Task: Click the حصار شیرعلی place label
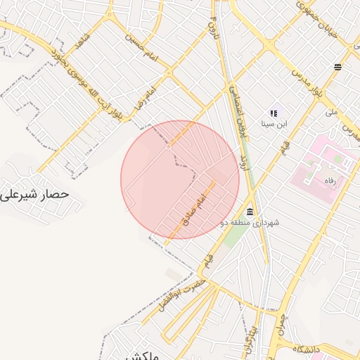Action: pyautogui.click(x=34, y=192)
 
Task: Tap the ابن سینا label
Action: pyautogui.click(x=274, y=124)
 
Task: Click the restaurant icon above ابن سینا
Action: pyautogui.click(x=274, y=112)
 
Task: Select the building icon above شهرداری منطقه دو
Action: pyautogui.click(x=250, y=212)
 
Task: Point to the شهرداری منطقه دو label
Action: pyautogui.click(x=257, y=223)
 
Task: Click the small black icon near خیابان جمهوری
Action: pyautogui.click(x=338, y=67)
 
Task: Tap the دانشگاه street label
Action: pyautogui.click(x=307, y=349)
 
